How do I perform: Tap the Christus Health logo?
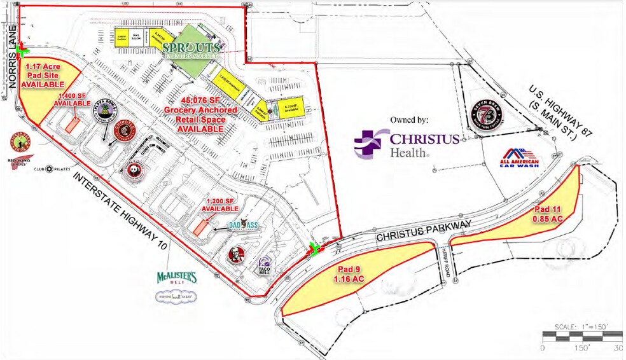tap(407, 143)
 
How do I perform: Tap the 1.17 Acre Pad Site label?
tap(43, 75)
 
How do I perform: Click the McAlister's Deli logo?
tap(177, 278)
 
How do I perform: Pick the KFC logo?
tap(237, 256)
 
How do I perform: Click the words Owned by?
tap(410, 119)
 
